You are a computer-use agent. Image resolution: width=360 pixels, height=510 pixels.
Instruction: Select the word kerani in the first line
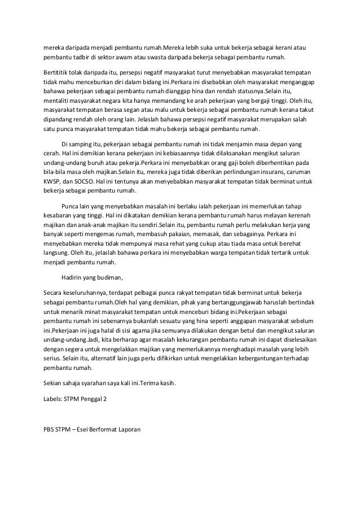pos(287,47)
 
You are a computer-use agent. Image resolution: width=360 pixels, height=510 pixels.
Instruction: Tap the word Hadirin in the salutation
pos(72,277)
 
